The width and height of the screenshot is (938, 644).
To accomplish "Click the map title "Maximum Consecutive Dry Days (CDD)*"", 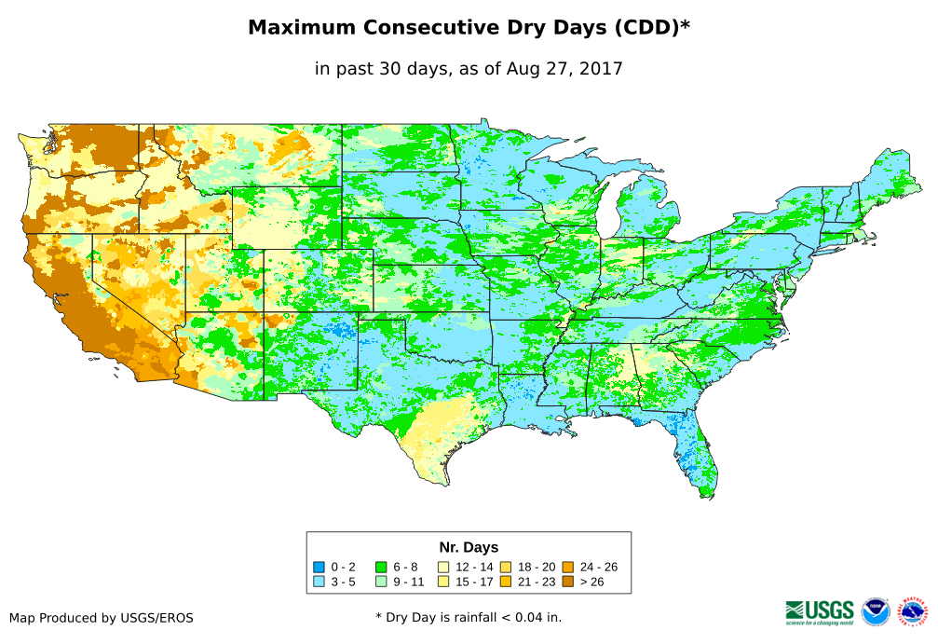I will tap(469, 28).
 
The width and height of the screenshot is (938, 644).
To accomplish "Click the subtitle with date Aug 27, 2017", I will tap(469, 68).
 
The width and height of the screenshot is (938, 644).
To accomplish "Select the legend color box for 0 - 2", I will tap(319, 567).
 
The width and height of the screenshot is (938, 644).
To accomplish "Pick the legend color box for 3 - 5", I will tap(319, 582).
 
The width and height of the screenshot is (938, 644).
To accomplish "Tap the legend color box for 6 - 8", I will tap(381, 567).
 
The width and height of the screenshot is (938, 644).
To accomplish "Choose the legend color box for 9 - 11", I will tap(381, 582).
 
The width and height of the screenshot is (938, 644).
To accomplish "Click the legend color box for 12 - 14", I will tap(443, 567).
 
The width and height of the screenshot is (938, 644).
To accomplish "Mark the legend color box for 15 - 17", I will tap(443, 582).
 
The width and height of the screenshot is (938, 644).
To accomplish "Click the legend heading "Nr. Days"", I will tap(469, 547).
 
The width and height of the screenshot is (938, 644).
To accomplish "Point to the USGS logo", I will tap(820, 611).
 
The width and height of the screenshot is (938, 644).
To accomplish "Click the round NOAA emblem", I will tap(876, 611).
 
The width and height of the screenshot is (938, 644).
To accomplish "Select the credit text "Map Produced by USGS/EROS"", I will tap(102, 618).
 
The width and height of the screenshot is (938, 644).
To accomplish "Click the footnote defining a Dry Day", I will tap(469, 617).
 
